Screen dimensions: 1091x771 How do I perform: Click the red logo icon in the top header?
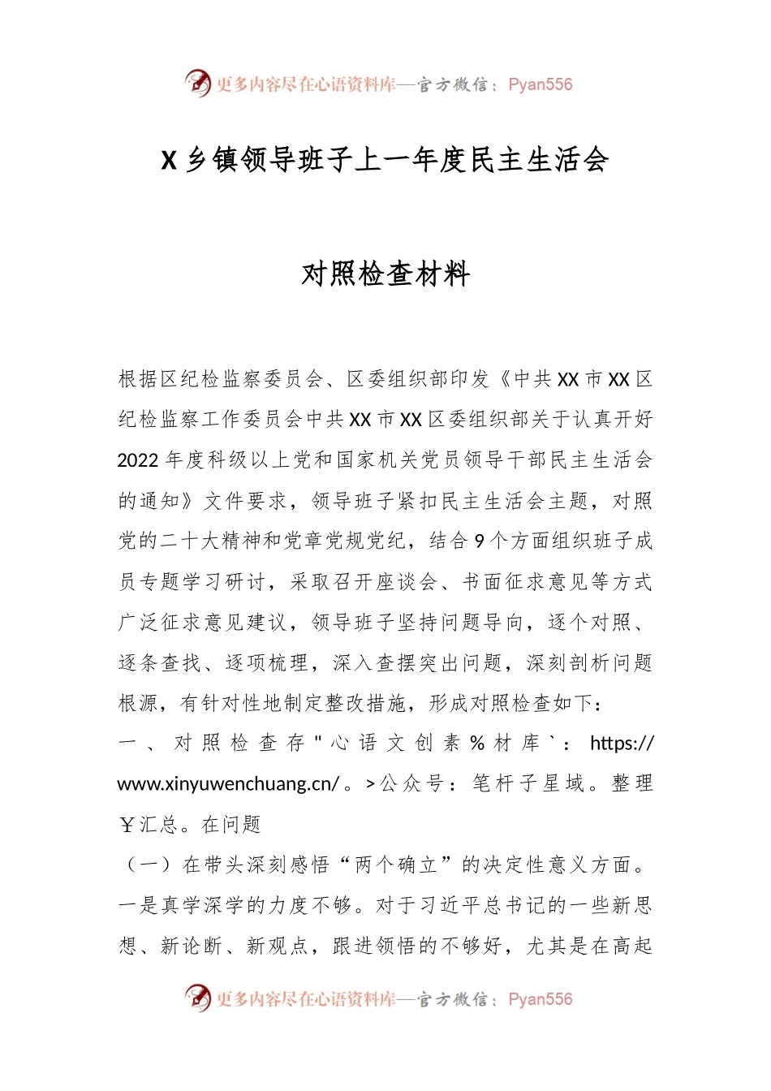[197, 83]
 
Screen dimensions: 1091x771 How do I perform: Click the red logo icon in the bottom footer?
[197, 998]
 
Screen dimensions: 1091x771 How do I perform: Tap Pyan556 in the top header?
[540, 84]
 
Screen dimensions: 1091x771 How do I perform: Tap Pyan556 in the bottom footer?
[540, 999]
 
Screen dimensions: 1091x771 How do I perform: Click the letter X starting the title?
[169, 160]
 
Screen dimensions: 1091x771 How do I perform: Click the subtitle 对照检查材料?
[385, 274]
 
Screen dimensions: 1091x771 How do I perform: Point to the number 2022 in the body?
[138, 460]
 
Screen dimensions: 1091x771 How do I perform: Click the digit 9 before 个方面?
[480, 541]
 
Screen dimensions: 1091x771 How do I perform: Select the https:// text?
[622, 744]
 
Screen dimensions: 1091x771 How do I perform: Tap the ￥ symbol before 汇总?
[127, 826]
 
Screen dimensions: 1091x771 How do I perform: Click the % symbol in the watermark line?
[477, 744]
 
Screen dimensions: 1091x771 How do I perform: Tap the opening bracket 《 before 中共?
[504, 379]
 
